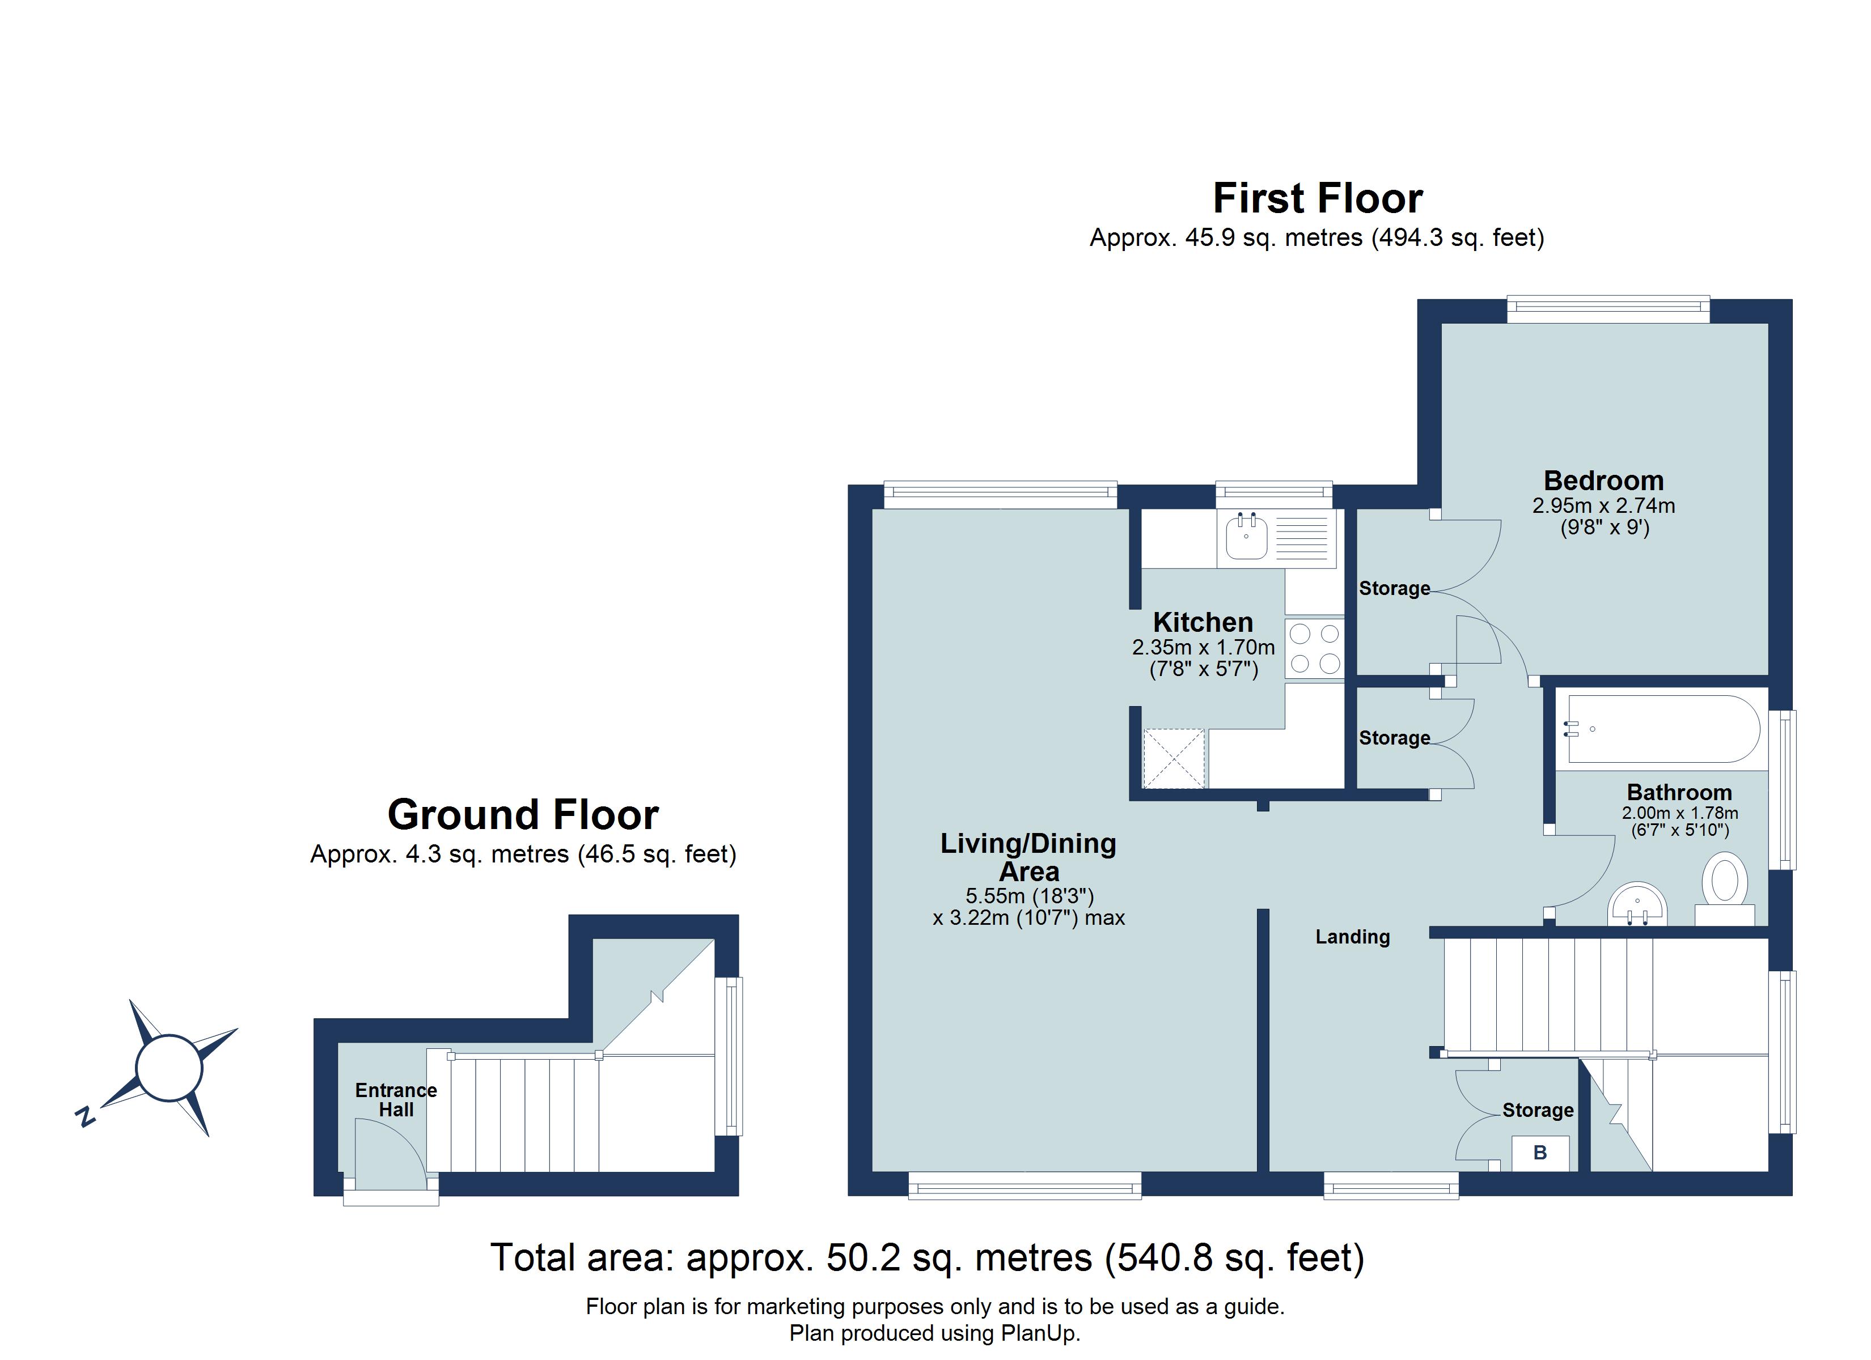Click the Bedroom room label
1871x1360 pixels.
[1603, 481]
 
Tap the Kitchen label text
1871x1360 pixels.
[1202, 622]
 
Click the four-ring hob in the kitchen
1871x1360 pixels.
[1314, 648]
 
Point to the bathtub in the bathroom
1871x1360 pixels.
[1661, 729]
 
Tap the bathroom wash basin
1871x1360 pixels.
[1637, 906]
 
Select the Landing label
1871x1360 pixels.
[1352, 937]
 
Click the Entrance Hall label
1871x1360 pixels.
[396, 1099]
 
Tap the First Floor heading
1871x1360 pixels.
[1318, 199]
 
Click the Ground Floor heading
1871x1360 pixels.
[523, 815]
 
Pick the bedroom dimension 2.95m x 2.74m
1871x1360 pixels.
[1603, 505]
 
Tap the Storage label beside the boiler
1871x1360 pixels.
[1537, 1110]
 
